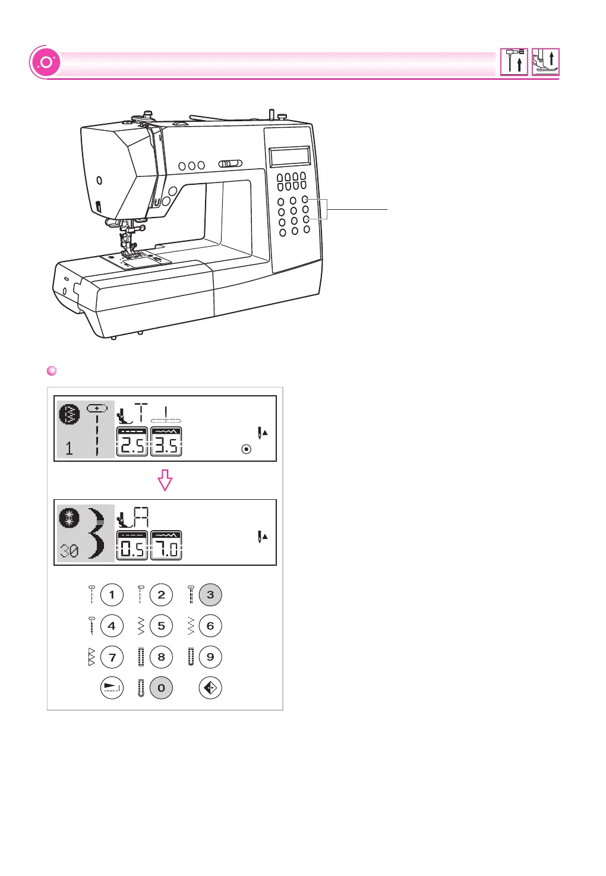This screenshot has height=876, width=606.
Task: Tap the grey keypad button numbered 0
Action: point(161,688)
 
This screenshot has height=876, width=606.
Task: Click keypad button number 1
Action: point(112,595)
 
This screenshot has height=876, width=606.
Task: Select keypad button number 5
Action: point(161,626)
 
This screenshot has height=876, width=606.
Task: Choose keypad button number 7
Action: point(112,657)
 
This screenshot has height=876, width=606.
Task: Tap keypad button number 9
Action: point(210,657)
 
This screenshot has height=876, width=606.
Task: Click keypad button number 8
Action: point(161,657)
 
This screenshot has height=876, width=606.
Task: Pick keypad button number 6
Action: point(210,626)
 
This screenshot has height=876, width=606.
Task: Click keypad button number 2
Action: point(161,595)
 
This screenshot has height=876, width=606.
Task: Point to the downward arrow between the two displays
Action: point(165,480)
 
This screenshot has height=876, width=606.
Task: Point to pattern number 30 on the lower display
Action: point(69,552)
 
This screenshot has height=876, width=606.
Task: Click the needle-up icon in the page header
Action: point(514,62)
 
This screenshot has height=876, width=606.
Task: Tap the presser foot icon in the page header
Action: point(545,62)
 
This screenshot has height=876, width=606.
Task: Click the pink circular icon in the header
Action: point(46,62)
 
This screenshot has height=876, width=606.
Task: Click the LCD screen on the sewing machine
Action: point(290,157)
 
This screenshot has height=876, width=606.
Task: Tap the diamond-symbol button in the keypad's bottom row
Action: point(210,688)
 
